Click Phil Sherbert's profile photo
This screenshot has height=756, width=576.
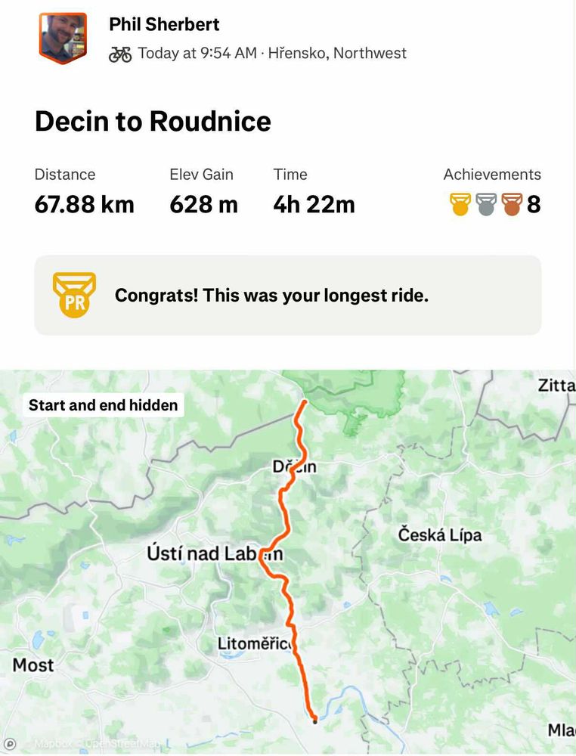tap(63, 37)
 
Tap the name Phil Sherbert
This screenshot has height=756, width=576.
tap(164, 24)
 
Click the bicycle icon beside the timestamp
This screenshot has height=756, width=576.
tap(120, 54)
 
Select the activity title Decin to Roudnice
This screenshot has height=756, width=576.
tap(153, 121)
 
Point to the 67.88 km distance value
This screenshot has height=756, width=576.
tap(84, 204)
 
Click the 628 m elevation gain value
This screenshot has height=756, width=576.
tap(203, 204)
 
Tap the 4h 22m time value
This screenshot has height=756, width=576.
tap(314, 204)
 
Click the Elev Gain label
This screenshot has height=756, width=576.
tap(200, 175)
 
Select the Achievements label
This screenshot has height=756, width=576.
tap(492, 175)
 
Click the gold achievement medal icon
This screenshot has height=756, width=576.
tap(460, 204)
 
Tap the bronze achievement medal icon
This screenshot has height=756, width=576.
tap(512, 204)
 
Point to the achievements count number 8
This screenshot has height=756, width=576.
tap(534, 204)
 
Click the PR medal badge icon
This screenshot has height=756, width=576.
tap(74, 295)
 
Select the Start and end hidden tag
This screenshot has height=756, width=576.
tap(104, 405)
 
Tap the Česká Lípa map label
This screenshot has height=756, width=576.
tap(440, 535)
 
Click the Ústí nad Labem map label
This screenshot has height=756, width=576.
tap(215, 553)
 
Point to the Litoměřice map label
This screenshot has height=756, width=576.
tap(255, 644)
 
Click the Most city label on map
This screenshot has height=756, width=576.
tap(33, 665)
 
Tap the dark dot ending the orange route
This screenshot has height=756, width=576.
tap(314, 720)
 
